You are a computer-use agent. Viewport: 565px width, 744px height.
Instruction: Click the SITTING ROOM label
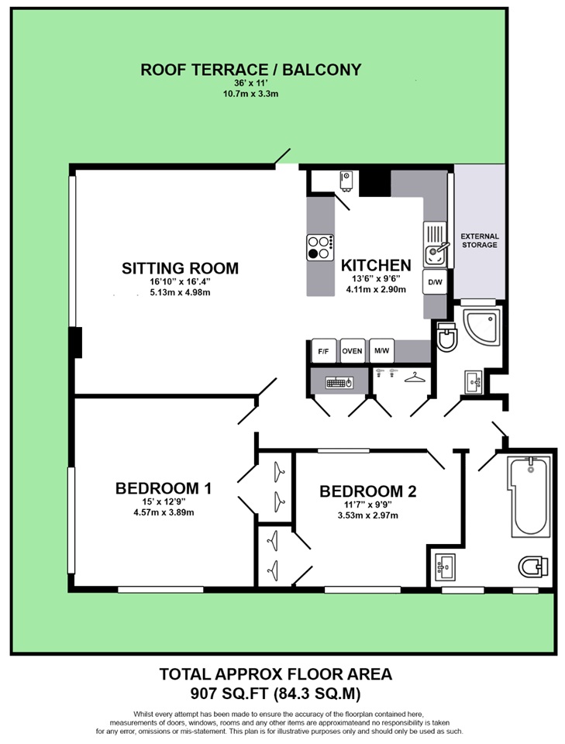point(180,268)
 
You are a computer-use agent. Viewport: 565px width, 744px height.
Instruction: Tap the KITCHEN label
point(376,265)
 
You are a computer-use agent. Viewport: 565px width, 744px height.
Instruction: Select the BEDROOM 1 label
point(164,488)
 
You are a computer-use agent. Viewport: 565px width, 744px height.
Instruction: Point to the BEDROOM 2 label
point(367,491)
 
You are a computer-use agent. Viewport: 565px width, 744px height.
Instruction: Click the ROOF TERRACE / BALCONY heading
point(251,70)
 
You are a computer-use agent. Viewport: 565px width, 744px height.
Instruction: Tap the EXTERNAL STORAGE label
point(480,240)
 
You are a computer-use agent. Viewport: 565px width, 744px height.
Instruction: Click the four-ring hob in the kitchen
point(320,247)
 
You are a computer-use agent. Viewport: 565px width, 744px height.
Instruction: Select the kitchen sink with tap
point(436,244)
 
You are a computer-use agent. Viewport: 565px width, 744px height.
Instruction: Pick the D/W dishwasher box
point(435,282)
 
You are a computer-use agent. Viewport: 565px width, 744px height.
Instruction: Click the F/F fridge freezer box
point(323,351)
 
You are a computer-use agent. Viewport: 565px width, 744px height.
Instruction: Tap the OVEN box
point(353,351)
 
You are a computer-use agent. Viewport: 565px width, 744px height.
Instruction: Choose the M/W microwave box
point(382,351)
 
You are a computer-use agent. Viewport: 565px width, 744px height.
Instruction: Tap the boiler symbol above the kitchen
point(346,181)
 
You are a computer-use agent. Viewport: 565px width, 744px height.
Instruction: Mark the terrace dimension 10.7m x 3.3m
point(250,94)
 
